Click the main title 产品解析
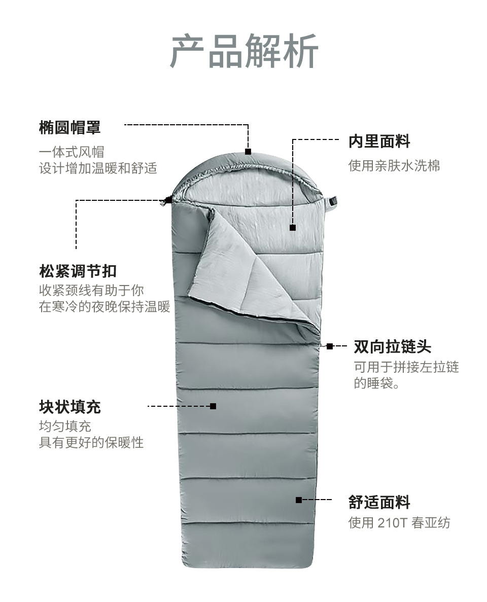point(243,51)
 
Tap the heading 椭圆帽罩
point(69,127)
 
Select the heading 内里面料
point(379,141)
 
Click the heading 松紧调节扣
point(78,271)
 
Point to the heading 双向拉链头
point(392,347)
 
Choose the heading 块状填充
point(69,407)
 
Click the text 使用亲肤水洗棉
point(394,165)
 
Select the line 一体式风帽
point(72,152)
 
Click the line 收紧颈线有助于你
point(91,291)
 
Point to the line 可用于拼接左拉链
point(406,367)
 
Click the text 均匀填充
point(65,426)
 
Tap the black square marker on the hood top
point(248,151)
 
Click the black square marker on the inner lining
point(293,228)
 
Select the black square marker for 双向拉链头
point(330,346)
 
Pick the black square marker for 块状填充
point(213,406)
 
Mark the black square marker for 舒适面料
point(299,500)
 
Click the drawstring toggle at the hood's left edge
point(166,201)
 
